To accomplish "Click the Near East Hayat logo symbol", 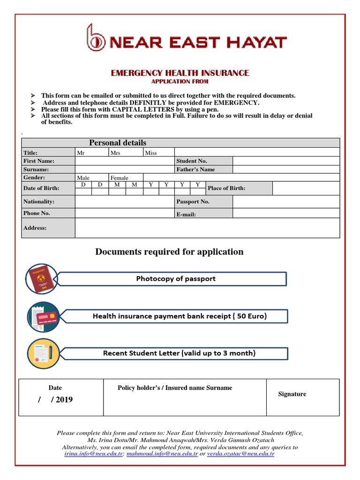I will click(96, 38).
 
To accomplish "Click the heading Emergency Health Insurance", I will click(180, 73).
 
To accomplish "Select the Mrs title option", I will click(115, 153).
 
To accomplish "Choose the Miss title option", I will click(151, 153).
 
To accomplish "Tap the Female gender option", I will click(119, 178).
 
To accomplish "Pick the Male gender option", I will click(83, 178).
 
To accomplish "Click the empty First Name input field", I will click(124, 161).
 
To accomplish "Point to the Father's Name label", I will click(195, 169).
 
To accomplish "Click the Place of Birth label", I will click(226, 188).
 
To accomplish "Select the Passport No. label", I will click(193, 202).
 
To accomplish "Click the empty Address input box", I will click(207, 228).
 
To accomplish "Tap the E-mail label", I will click(186, 214).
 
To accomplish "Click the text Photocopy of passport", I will click(176, 278).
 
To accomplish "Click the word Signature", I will click(292, 394).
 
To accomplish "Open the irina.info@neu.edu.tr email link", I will click(94, 454).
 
